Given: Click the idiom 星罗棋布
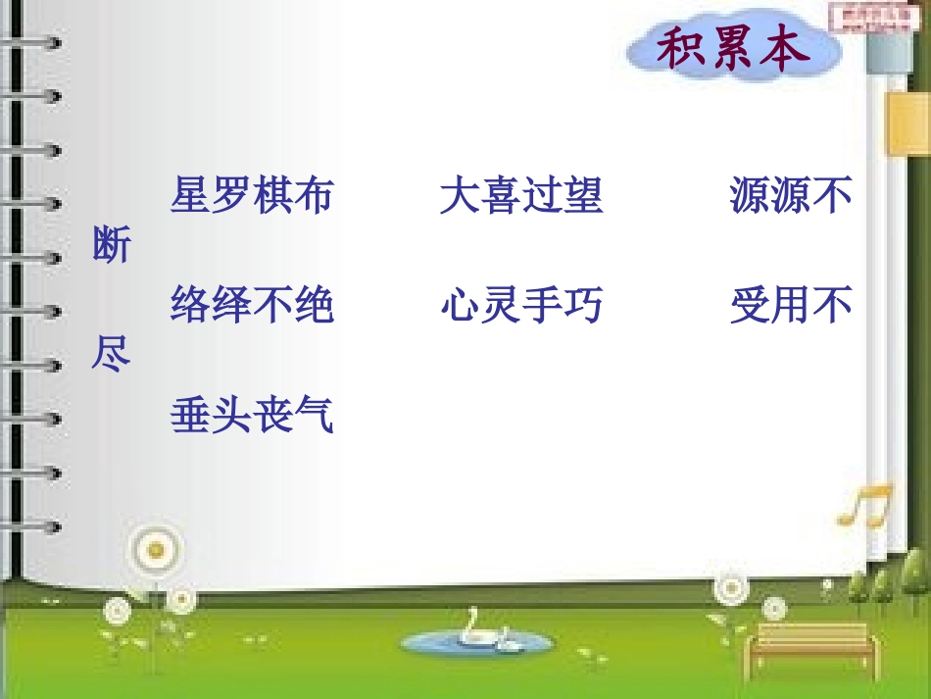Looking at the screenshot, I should point(252,195).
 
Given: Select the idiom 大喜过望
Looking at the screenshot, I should point(520,195).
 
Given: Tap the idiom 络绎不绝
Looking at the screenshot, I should point(252,305).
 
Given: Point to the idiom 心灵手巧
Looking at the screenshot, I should point(520,305).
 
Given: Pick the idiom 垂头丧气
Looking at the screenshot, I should point(252,415).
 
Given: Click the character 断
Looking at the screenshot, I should point(111,245).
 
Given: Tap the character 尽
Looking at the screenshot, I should point(111,355).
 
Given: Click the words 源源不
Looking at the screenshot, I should point(790,195).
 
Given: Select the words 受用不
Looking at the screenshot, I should point(790,305).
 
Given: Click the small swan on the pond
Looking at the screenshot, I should point(507,644).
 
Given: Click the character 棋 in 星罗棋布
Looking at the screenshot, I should point(272,195).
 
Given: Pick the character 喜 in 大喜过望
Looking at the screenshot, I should point(500,195).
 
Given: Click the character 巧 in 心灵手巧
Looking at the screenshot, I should point(583,305).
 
